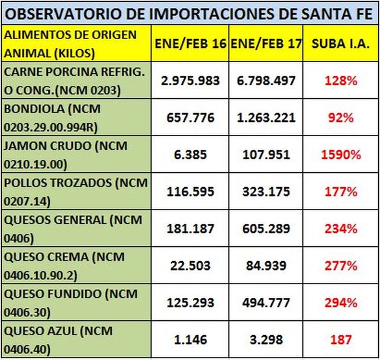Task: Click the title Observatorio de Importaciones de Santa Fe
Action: coord(189,12)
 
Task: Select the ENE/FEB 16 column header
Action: coord(191,44)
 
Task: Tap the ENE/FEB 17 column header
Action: coord(266,44)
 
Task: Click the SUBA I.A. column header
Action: coord(340,44)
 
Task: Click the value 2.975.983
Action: coord(191,81)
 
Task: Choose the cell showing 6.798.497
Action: coord(266,81)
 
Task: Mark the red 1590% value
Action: coord(340,155)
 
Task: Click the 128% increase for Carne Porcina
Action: coord(340,81)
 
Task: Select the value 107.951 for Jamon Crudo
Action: coord(266,155)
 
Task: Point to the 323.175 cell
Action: coord(266,192)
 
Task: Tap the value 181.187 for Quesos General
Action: coord(191,229)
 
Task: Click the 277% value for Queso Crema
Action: coord(340,266)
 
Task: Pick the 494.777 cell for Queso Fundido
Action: coord(266,303)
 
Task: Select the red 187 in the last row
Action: coord(340,340)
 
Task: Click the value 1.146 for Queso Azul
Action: coord(191,340)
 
